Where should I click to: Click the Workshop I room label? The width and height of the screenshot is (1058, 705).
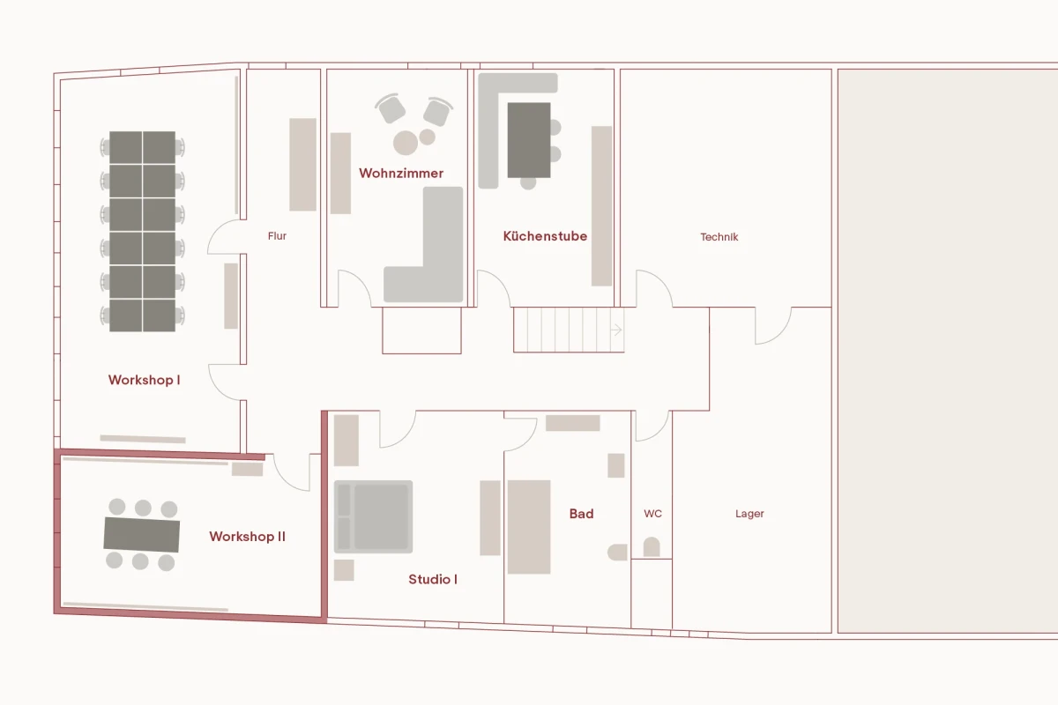click(144, 380)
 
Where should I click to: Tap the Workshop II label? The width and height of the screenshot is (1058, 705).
click(247, 536)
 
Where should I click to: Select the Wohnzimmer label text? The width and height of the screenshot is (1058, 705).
click(401, 173)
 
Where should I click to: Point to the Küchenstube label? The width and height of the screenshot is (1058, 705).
click(545, 236)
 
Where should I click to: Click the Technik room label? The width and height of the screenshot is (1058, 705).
click(719, 237)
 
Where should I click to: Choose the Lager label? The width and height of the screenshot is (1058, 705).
click(749, 514)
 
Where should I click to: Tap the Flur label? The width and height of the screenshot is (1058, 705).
click(277, 236)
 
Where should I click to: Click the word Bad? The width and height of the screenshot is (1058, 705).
click(581, 514)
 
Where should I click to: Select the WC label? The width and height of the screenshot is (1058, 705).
click(652, 514)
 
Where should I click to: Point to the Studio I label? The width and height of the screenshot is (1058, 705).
click(433, 579)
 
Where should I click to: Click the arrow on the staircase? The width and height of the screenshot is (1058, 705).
click(616, 330)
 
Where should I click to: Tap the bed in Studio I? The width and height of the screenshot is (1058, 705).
click(374, 516)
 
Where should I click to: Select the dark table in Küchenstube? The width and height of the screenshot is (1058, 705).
click(529, 139)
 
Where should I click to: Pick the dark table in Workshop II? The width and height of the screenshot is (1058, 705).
click(142, 534)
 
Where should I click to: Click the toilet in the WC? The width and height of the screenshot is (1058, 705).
click(651, 547)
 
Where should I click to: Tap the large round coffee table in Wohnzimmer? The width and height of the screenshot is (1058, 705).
click(406, 143)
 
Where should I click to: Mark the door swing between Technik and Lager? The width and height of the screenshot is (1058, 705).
click(772, 327)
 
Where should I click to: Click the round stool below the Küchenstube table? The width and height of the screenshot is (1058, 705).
click(528, 183)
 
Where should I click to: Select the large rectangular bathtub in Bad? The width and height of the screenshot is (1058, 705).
click(529, 527)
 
